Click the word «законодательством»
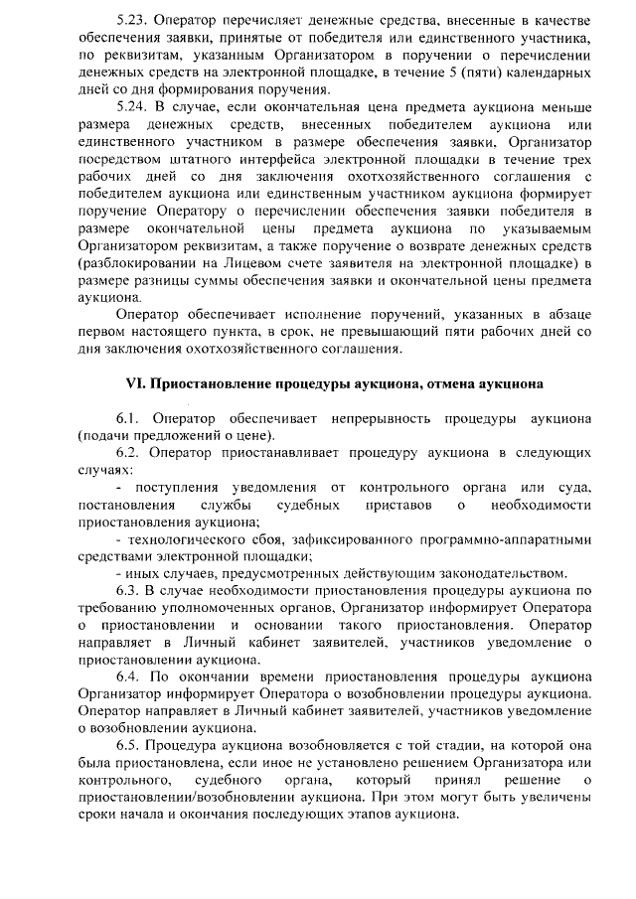(x=502, y=573)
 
